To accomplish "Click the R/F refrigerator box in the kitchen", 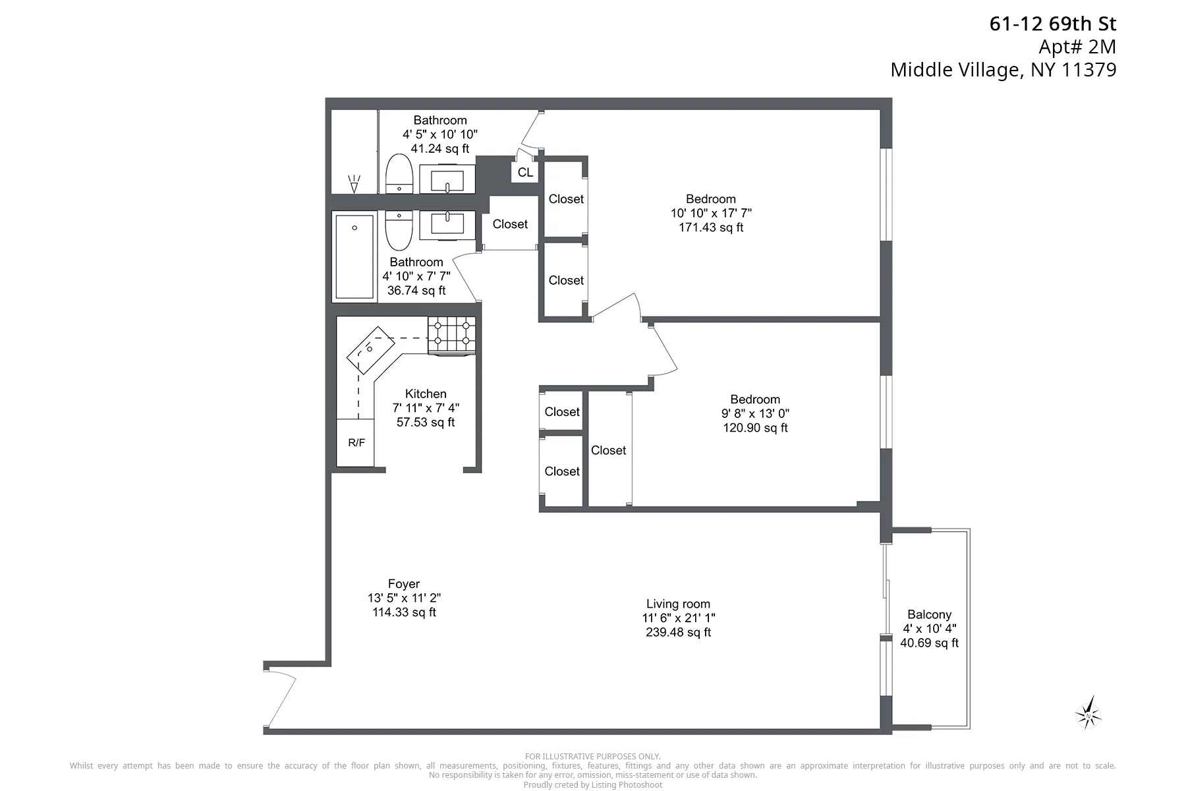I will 356,442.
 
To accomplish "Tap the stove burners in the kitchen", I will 451,334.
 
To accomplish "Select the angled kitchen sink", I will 370,350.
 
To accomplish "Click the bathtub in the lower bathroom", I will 354,256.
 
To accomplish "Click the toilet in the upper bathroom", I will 399,175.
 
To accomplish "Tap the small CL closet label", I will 525,173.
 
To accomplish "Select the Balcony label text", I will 929,614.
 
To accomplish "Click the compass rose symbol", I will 1088,713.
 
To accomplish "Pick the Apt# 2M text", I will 1077,47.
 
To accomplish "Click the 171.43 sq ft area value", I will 711,227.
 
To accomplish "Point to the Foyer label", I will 404,584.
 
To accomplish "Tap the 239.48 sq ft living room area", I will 678,632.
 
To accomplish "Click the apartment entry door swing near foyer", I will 281,699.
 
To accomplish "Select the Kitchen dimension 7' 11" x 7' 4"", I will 426,408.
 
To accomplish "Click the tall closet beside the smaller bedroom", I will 609,450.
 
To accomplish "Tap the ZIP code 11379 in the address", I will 1088,70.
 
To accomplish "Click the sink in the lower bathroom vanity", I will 447,221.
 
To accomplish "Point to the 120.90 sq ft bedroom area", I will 755,428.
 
